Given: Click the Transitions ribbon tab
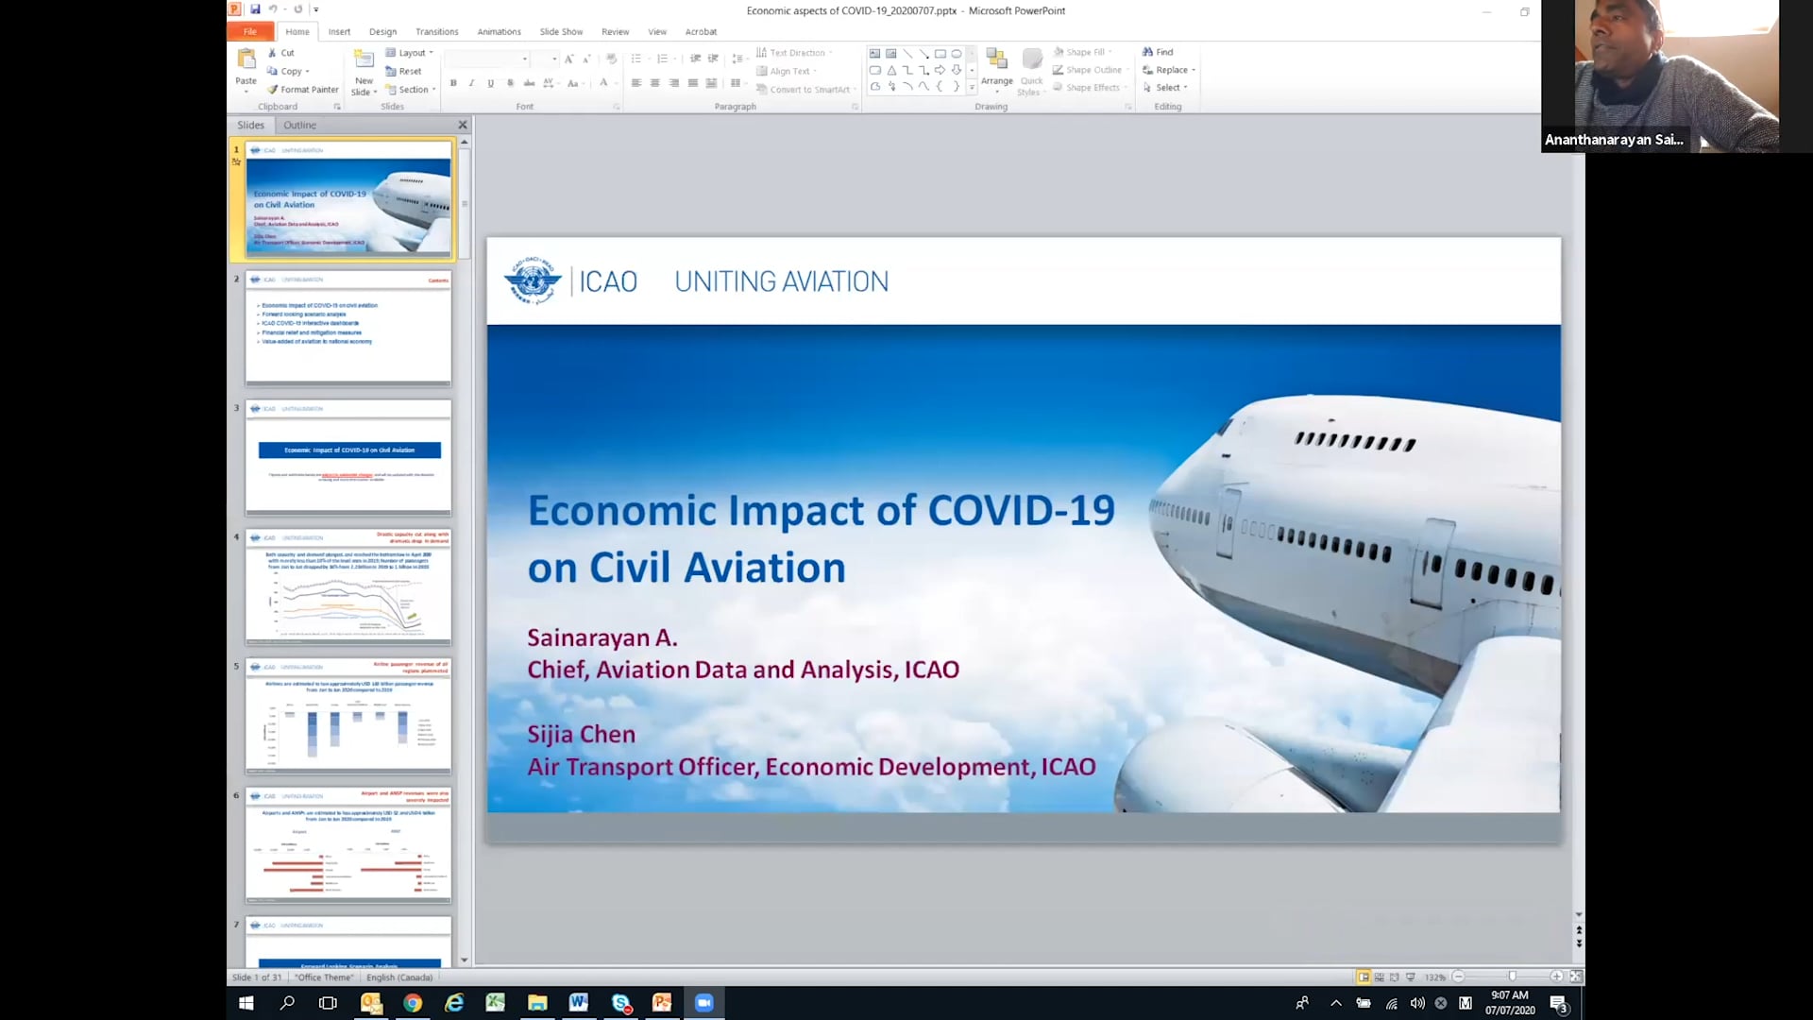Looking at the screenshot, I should coord(436,31).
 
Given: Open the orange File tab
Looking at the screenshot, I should coord(250,31).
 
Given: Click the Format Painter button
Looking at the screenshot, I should coord(303,90).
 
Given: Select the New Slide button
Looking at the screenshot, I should coord(364,74).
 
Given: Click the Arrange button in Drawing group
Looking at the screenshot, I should coord(996,69).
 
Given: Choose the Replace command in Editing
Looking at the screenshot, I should coord(1170,70).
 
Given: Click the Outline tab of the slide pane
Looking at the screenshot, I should coord(299,125).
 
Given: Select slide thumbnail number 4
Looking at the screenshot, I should coord(348,586).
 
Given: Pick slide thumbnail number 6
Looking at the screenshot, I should coord(348,844).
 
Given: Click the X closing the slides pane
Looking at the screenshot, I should coord(463,125).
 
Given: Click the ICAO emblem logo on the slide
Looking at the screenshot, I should coord(533,280).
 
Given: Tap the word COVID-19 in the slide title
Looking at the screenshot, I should coord(1021,511).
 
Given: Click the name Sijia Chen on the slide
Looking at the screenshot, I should coord(581,734).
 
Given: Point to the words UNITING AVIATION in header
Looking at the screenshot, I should coord(781,281).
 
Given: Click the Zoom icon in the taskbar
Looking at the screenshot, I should coord(703,1003).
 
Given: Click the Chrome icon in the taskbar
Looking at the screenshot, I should coord(413,1003).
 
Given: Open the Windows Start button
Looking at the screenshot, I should coord(246,1003).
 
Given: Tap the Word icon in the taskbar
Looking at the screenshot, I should coord(579,1003).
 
